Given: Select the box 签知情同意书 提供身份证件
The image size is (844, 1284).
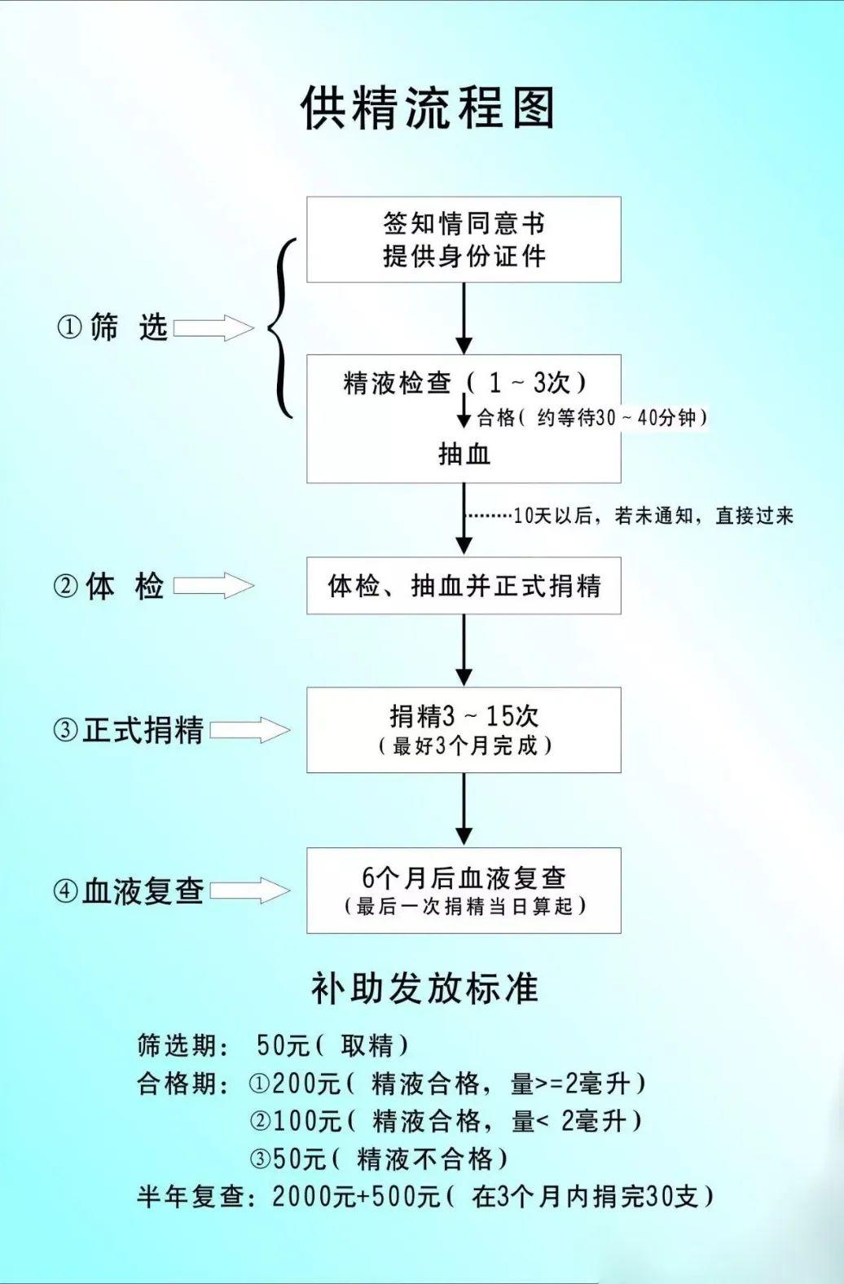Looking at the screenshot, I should [464, 240].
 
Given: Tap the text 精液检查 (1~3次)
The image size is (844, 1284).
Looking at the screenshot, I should [464, 383].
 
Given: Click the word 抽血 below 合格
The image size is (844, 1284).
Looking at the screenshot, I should [464, 454].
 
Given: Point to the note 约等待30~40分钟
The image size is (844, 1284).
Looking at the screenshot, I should [622, 418].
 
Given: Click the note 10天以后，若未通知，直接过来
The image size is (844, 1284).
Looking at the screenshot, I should [653, 516].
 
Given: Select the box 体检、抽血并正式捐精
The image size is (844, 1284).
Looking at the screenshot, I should [464, 586].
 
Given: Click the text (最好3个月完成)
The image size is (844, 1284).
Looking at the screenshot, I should [464, 745].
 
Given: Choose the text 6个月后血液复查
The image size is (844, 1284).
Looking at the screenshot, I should [464, 877].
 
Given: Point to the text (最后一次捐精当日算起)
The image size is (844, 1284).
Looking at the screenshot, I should [464, 906].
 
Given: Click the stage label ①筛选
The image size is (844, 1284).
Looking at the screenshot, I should [112, 328].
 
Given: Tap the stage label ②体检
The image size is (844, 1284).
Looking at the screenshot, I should [109, 587].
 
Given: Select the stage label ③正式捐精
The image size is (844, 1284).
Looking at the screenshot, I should [128, 730].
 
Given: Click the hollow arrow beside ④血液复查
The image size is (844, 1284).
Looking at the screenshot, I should [250, 890].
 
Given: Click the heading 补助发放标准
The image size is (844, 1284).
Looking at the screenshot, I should [424, 987].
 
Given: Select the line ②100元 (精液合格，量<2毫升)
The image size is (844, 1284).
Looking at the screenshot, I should [446, 1121].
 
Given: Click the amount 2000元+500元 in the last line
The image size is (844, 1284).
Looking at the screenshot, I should [356, 1196].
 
